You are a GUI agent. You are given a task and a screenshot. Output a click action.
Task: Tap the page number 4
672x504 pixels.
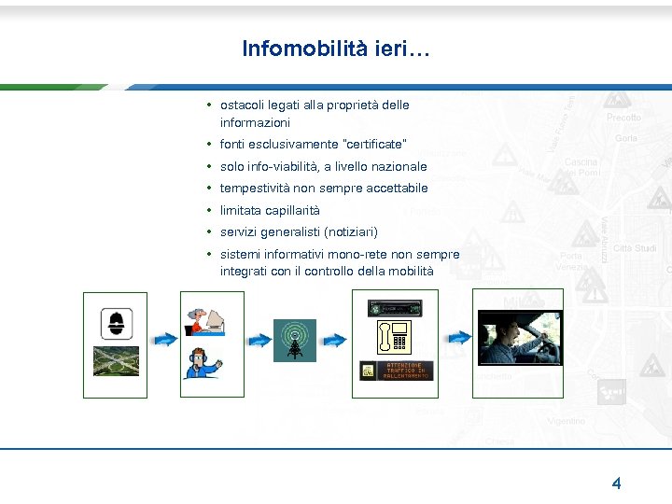pos(616,483)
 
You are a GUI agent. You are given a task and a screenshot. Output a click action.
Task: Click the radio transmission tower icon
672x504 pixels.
pos(294,341)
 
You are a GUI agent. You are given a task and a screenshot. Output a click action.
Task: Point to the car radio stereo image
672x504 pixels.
pos(395,307)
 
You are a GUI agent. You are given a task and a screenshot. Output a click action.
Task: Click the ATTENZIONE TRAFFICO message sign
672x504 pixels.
pos(395,371)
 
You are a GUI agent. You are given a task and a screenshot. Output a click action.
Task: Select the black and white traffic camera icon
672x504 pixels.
pos(116,323)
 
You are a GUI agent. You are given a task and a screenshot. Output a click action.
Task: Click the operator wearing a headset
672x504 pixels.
pos(202,362)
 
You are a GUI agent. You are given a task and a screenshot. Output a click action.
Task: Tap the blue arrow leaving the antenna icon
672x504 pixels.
pos(333,339)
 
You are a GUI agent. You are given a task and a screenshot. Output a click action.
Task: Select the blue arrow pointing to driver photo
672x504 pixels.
pos(457,338)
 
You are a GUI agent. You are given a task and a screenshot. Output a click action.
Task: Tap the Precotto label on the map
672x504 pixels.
pos(623,118)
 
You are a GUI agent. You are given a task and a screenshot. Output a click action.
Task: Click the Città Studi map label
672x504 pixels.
pos(635,248)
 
